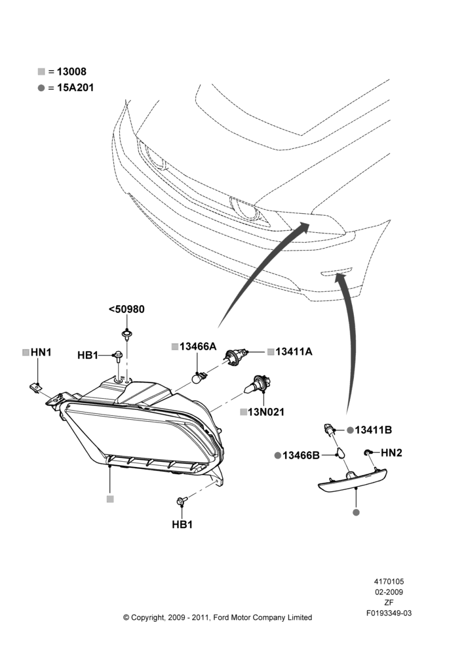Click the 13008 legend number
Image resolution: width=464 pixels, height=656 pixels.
(71, 72)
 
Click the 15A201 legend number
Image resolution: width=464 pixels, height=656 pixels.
(75, 88)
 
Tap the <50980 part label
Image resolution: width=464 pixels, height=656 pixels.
(126, 309)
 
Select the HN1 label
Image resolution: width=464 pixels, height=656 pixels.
(41, 352)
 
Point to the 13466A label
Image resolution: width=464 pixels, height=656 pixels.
(198, 346)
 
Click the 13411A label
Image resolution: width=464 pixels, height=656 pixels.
(294, 352)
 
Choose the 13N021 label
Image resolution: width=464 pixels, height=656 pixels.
(266, 412)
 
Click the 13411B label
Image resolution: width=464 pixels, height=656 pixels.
(374, 430)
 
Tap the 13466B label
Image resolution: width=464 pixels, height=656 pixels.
(301, 455)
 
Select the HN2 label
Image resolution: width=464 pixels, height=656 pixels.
(391, 453)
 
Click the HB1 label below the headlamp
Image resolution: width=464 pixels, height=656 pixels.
(182, 524)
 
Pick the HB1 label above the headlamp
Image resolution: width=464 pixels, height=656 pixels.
(88, 355)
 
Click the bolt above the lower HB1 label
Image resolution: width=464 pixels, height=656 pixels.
(182, 500)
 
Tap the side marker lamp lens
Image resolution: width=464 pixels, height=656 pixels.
(353, 481)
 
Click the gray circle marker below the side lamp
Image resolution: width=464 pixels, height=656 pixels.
(356, 512)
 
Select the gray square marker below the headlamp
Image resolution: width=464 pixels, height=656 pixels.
(110, 499)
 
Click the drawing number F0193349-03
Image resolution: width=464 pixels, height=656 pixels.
(389, 613)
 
